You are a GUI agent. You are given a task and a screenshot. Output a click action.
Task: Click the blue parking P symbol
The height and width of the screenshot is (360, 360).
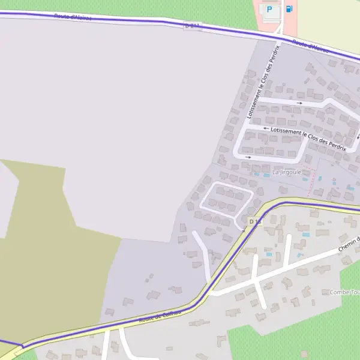tap(269, 9)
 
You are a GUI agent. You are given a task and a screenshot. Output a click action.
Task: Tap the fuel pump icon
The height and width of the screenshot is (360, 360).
tap(290, 9)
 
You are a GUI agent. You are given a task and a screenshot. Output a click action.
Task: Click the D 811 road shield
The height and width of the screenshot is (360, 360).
tap(192, 25)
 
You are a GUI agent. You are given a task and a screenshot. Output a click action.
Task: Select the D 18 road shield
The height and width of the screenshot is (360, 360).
tap(255, 222)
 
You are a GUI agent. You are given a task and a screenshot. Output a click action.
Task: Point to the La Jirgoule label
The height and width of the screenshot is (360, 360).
tap(286, 172)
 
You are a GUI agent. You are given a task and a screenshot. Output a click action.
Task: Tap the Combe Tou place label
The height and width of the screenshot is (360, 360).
tap(344, 292)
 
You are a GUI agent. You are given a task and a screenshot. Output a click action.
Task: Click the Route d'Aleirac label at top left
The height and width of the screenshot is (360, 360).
tap(72, 17)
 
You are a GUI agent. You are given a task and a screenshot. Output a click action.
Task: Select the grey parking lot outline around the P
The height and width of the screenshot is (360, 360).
tap(273, 18)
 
